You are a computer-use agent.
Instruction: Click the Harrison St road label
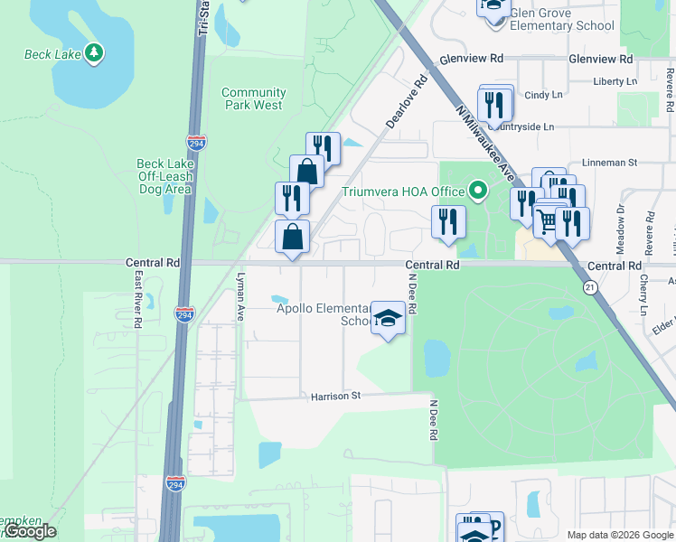[x=335, y=396]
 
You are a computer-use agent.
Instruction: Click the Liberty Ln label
[x=615, y=81]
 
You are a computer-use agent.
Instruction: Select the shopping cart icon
[x=547, y=220]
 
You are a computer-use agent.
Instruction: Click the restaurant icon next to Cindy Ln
[x=493, y=105]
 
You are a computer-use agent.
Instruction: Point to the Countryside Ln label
[x=522, y=126]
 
